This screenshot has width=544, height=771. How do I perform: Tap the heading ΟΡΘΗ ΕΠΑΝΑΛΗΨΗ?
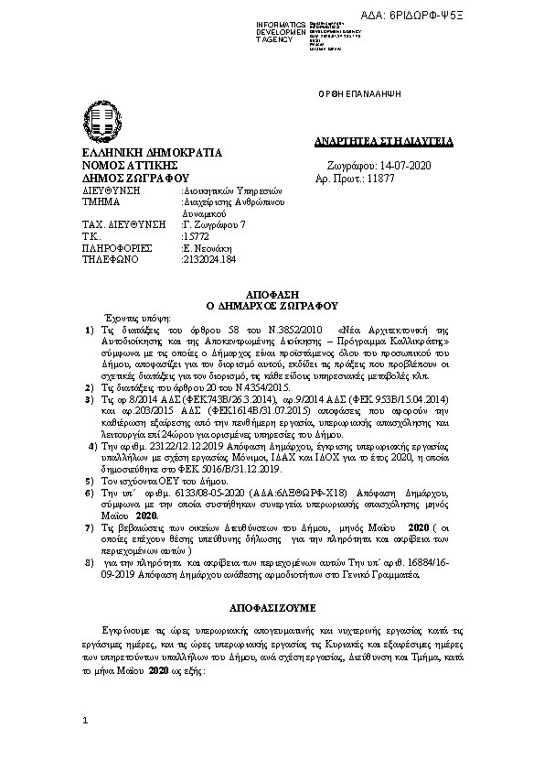click(x=352, y=95)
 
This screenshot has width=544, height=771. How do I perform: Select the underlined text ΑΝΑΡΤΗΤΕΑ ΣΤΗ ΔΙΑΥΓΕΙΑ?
click(x=377, y=141)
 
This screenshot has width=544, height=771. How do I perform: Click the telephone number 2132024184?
click(x=209, y=259)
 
